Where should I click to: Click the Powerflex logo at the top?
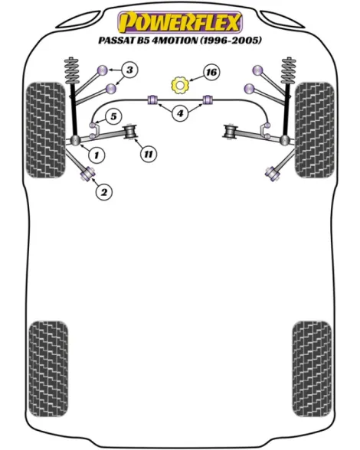[180, 22]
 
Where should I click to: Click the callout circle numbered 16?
[211, 72]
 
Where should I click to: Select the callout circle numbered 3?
[129, 70]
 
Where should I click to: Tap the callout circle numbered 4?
[180, 113]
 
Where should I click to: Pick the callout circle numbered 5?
[113, 116]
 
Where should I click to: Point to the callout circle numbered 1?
[97, 155]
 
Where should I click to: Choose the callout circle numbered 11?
[149, 154]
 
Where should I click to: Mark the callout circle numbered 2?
[103, 191]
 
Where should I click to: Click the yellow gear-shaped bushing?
[179, 85]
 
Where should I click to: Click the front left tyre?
[46, 130]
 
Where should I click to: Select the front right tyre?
[314, 130]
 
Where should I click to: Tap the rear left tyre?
[48, 369]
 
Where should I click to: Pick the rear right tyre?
[312, 369]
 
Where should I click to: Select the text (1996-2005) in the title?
[231, 40]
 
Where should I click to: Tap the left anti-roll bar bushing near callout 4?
[153, 99]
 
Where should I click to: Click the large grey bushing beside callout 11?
[130, 132]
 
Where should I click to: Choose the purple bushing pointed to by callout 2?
[88, 173]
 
